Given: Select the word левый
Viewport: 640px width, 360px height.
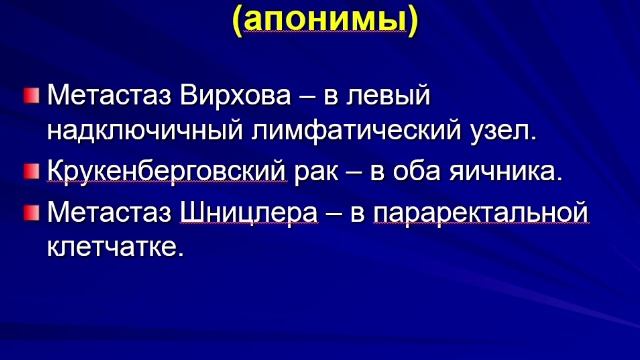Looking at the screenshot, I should pos(385,97).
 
